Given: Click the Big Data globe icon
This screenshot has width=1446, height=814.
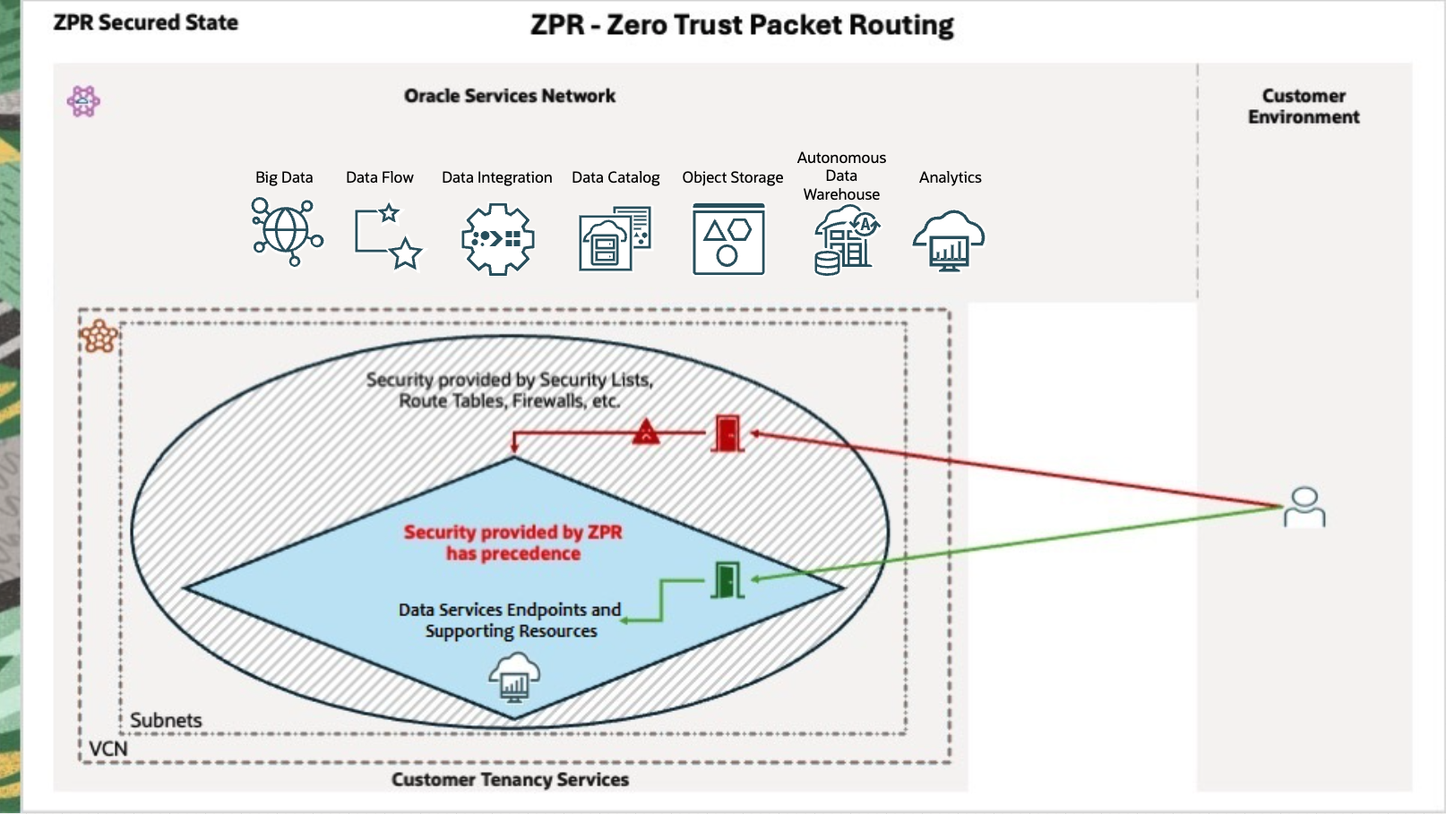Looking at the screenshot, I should [x=287, y=232].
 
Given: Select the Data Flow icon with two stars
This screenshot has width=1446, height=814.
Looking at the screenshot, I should [x=388, y=237].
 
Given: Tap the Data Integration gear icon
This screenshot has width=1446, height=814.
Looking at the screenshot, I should [x=498, y=238].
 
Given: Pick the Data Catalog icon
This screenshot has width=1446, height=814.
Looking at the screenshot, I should [x=615, y=238].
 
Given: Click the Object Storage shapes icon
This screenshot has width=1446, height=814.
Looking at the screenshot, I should [x=728, y=239].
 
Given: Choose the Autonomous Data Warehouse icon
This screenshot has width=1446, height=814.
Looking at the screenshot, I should [x=845, y=239].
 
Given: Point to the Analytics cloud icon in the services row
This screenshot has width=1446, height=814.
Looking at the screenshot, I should [x=949, y=240].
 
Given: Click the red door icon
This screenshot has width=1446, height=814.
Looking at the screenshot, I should [x=727, y=433].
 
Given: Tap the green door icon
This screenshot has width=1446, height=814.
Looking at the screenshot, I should [x=727, y=579].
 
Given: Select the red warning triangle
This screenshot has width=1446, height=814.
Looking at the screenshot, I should [x=646, y=433].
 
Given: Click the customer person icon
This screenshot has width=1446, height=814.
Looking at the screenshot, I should [x=1304, y=507].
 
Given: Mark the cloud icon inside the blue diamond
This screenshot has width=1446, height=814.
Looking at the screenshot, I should [x=514, y=677].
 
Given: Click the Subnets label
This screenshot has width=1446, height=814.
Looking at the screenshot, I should [x=166, y=720].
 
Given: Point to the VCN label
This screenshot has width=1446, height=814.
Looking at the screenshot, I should [x=108, y=749].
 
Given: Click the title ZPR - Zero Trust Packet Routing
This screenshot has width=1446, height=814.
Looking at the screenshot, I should [x=742, y=25].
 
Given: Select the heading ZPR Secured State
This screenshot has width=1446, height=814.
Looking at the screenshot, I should [x=146, y=23].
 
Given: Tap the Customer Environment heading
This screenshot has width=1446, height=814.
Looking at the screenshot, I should [x=1304, y=107].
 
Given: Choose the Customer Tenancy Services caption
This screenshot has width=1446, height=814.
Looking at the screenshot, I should [x=510, y=780].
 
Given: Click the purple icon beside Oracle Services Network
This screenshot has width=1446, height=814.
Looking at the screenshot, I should [x=83, y=101].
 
